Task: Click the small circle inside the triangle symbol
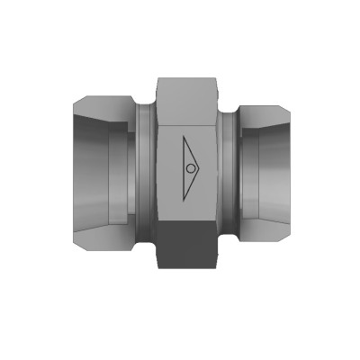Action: click(x=191, y=168)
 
